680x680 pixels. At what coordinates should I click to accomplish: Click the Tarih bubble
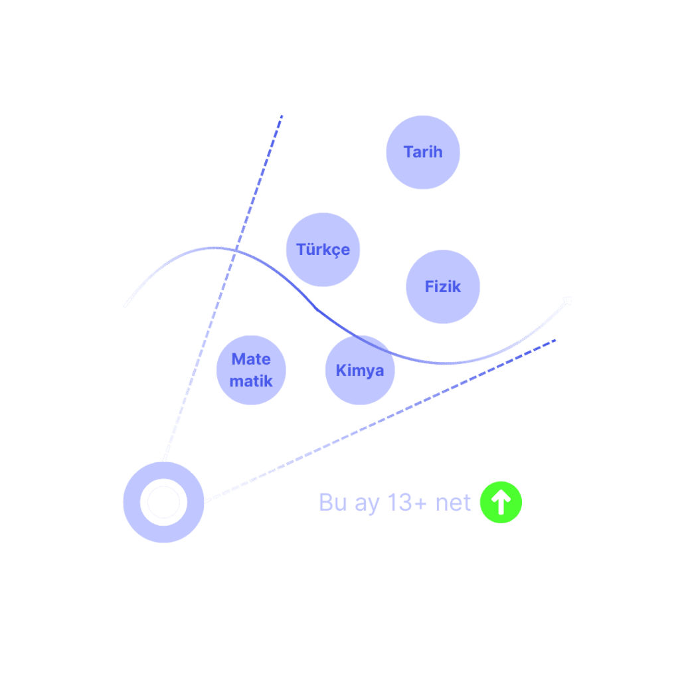pyautogui.click(x=423, y=153)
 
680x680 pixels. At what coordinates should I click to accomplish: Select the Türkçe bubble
pyautogui.click(x=323, y=250)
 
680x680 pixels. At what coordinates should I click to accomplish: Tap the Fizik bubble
pyautogui.click(x=443, y=287)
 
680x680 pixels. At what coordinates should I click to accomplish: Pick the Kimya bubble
pyautogui.click(x=360, y=371)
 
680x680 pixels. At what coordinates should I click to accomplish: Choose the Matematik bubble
pyautogui.click(x=252, y=370)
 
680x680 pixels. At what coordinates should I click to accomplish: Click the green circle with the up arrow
pyautogui.click(x=501, y=503)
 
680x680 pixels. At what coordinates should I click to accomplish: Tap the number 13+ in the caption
pyautogui.click(x=408, y=503)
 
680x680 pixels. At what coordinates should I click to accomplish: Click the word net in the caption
pyautogui.click(x=453, y=503)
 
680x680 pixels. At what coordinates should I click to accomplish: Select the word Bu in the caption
pyautogui.click(x=333, y=503)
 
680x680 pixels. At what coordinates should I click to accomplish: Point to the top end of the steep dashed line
pyautogui.click(x=282, y=116)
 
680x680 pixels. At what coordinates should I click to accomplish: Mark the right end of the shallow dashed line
pyautogui.click(x=555, y=341)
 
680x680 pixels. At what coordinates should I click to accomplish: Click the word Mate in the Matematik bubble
pyautogui.click(x=251, y=359)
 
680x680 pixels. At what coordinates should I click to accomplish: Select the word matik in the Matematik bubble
pyautogui.click(x=251, y=381)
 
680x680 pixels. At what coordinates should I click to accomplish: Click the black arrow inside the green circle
pyautogui.click(x=501, y=503)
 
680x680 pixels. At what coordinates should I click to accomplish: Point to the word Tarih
pyautogui.click(x=423, y=152)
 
